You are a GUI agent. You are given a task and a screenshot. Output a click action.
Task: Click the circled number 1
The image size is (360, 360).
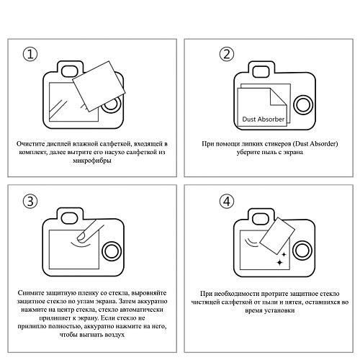coord(30,54)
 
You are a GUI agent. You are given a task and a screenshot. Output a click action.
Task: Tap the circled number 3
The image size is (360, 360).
coord(30,201)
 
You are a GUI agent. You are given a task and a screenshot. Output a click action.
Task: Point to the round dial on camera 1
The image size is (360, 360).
coord(110,104)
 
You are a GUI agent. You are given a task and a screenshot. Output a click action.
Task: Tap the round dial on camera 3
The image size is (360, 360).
coord(110,251)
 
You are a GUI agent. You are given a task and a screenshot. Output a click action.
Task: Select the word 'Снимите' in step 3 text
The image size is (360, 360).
coord(32,292)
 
